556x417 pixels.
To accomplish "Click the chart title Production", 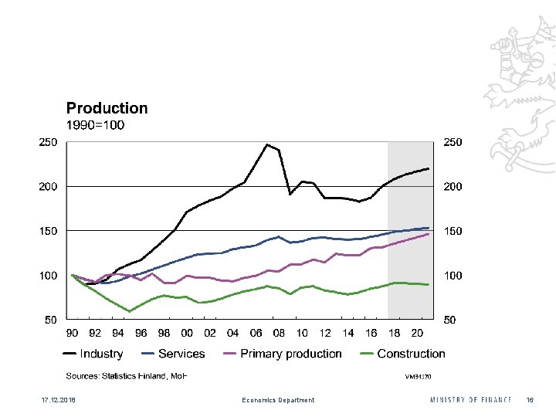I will coord(107,109).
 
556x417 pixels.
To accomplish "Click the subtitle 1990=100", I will coord(95,125).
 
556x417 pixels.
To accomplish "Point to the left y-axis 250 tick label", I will coord(49,143).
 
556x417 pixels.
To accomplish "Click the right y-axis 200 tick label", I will coord(453,187).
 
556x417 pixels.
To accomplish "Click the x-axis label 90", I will coord(72,333).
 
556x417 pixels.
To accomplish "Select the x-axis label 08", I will coord(279,333).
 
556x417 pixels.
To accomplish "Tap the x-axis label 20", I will coord(417,333).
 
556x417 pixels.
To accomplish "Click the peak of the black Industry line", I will coord(267,144).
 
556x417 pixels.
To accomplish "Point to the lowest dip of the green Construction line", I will coord(130,311).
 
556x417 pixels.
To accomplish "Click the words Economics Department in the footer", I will coord(278,400).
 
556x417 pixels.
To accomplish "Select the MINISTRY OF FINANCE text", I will coord(471,400).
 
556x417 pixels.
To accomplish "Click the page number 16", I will coord(530,400).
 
